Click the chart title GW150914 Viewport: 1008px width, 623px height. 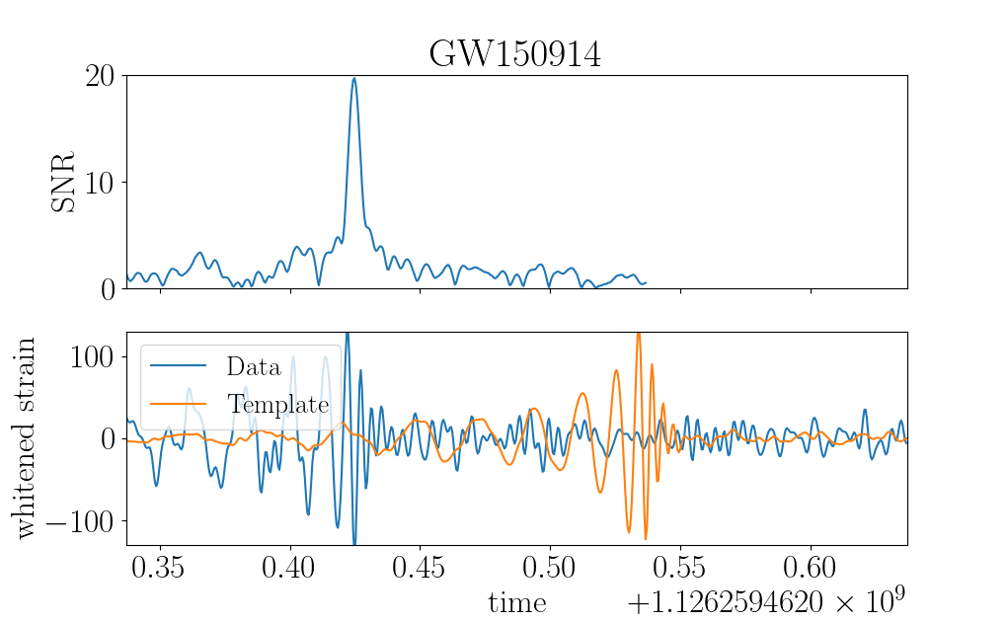tap(515, 54)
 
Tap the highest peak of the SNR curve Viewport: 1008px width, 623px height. tap(353, 78)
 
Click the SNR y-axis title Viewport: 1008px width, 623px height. tap(63, 182)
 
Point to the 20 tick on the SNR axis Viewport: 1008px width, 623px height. tap(100, 76)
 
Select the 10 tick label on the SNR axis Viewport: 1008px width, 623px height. tap(100, 184)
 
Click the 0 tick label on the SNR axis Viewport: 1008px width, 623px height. tap(108, 290)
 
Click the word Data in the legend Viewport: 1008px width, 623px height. tap(254, 366)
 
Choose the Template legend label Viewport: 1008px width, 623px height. tap(277, 404)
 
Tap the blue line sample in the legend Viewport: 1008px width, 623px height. tap(178, 366)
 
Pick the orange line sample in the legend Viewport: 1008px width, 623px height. tap(178, 404)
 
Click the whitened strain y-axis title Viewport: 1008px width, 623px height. tap(25, 438)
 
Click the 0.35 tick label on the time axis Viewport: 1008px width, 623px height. tap(158, 568)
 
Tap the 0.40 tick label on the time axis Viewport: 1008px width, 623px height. tap(288, 568)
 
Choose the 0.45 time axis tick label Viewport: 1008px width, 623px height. tap(419, 568)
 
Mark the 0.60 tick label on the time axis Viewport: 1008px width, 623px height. tap(810, 568)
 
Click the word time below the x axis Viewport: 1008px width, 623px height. tap(517, 602)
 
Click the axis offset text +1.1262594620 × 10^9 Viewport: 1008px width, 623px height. tap(766, 601)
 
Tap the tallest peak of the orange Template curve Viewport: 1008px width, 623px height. tap(639, 334)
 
